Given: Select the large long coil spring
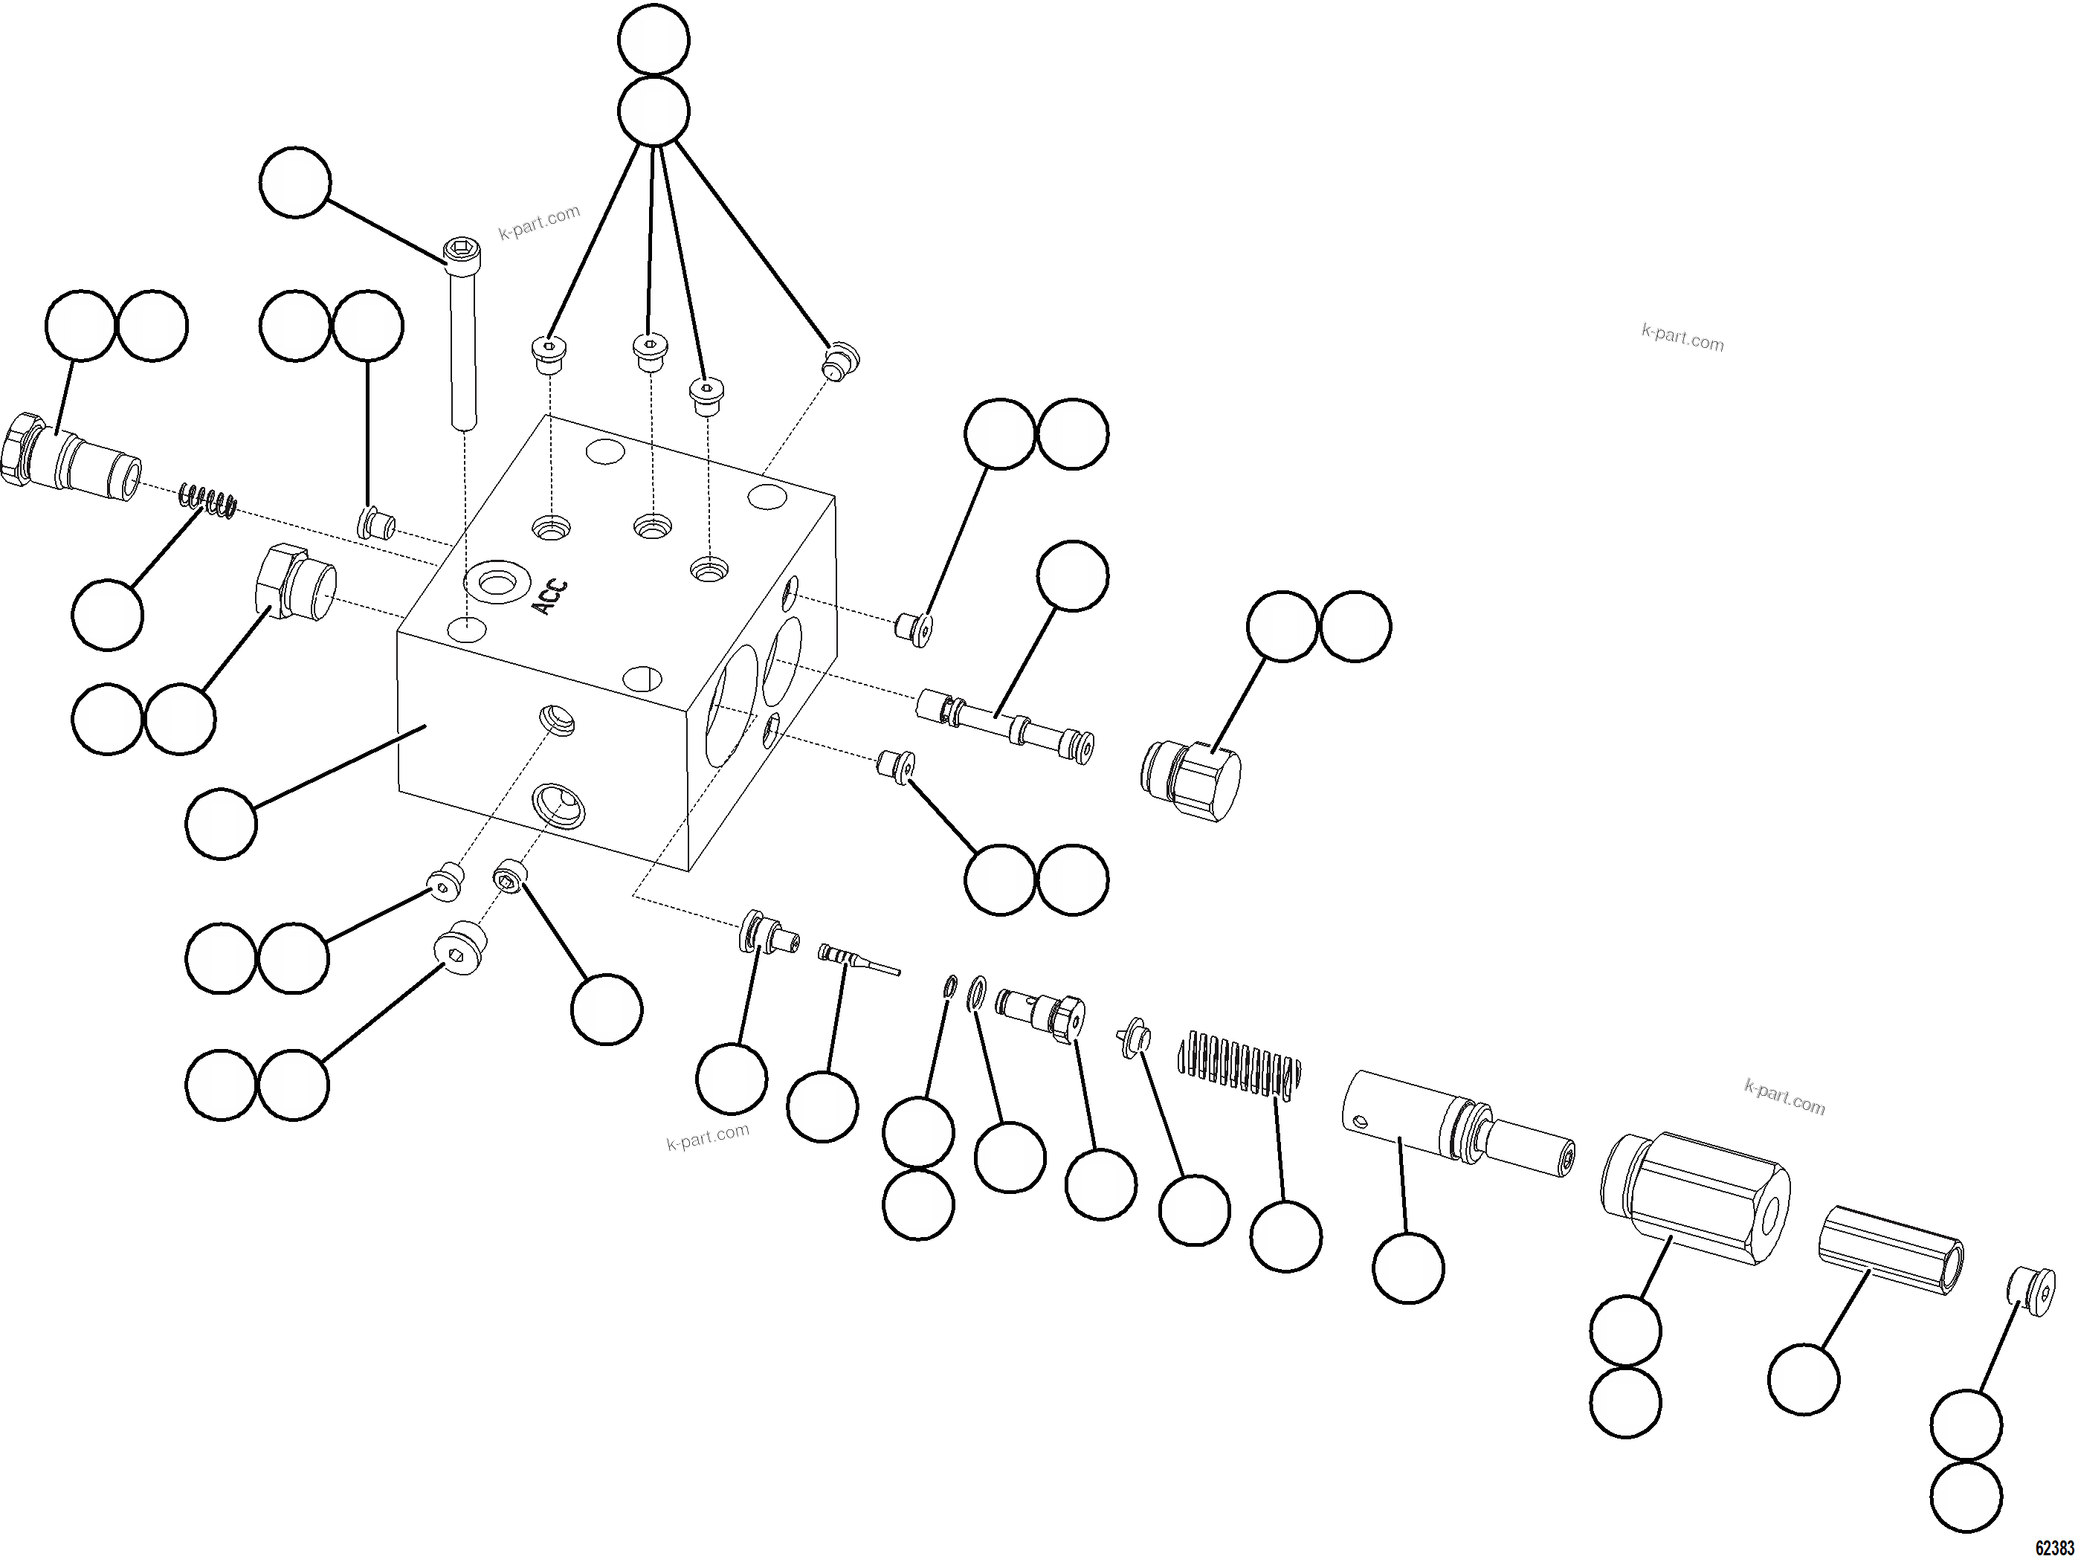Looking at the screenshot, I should [1240, 1063].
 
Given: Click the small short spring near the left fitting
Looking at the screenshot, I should [207, 500].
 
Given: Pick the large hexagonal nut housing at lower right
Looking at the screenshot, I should [1694, 1199].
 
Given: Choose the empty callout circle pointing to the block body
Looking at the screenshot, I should [221, 824].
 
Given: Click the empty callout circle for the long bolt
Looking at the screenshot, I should [295, 182].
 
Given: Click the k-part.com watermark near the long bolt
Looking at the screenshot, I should [539, 222].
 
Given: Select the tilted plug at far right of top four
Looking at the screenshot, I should [842, 361].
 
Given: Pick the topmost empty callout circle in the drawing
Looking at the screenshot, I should [654, 39].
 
